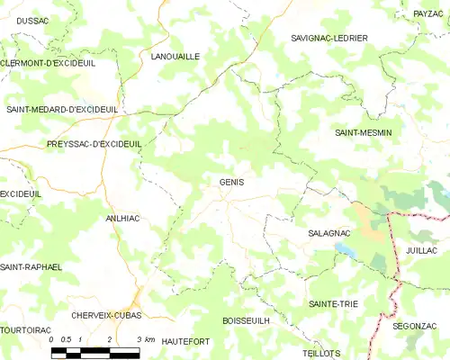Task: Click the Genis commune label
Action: click(231, 182)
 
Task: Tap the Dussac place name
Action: click(33, 19)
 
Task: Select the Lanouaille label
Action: click(175, 56)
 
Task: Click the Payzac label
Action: click(427, 13)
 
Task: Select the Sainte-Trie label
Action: click(332, 304)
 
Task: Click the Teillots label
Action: click(321, 354)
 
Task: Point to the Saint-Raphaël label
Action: click(31, 267)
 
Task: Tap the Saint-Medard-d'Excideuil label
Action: click(62, 110)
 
